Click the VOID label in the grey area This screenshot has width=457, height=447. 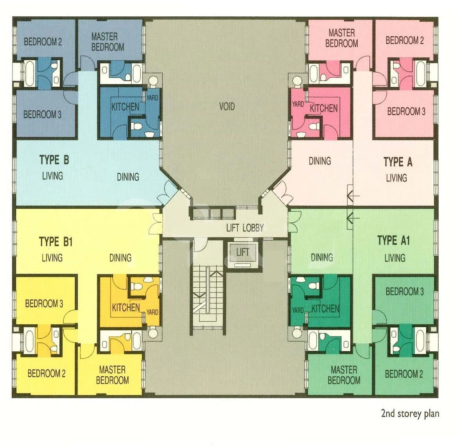[227, 107]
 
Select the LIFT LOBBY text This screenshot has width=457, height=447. [245, 228]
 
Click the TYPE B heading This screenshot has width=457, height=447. [54, 160]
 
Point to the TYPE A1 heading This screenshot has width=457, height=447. [393, 240]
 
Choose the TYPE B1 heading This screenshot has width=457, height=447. [56, 242]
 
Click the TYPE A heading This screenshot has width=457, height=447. [398, 162]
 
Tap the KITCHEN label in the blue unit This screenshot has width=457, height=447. [125, 107]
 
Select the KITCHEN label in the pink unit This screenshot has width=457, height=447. [324, 109]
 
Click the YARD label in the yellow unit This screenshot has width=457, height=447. [152, 312]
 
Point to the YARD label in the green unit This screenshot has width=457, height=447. [297, 310]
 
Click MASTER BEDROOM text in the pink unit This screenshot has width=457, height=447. [342, 38]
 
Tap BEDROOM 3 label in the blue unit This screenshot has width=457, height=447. [42, 114]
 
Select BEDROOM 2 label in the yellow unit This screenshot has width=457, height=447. [47, 373]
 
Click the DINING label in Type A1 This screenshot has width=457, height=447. [322, 258]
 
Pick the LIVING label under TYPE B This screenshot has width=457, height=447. [52, 176]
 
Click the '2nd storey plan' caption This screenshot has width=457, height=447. [410, 413]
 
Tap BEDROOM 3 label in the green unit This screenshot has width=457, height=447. [405, 292]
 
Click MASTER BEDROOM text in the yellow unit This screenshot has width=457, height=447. [112, 375]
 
